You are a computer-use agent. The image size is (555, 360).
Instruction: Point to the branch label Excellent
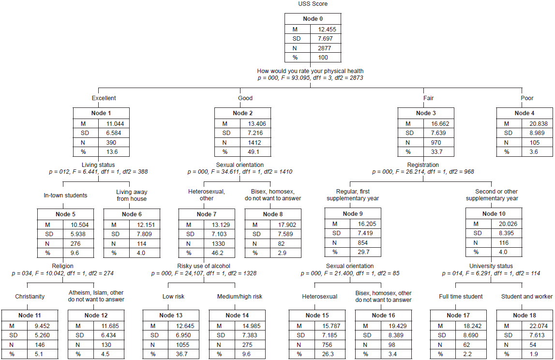(x=104, y=98)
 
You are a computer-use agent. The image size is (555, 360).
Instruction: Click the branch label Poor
(x=527, y=98)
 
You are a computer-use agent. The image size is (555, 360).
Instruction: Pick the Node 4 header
(x=525, y=113)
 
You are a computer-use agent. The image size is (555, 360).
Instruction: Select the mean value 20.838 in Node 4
(x=538, y=123)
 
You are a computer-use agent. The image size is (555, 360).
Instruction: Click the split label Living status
(x=98, y=165)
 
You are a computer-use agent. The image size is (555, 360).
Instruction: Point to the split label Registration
(x=423, y=165)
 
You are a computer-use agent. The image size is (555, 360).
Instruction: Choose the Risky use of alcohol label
(x=204, y=266)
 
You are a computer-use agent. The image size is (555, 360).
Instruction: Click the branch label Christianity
(x=30, y=297)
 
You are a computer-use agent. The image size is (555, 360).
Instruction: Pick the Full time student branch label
(x=461, y=297)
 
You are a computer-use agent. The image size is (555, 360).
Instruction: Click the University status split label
(x=491, y=266)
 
